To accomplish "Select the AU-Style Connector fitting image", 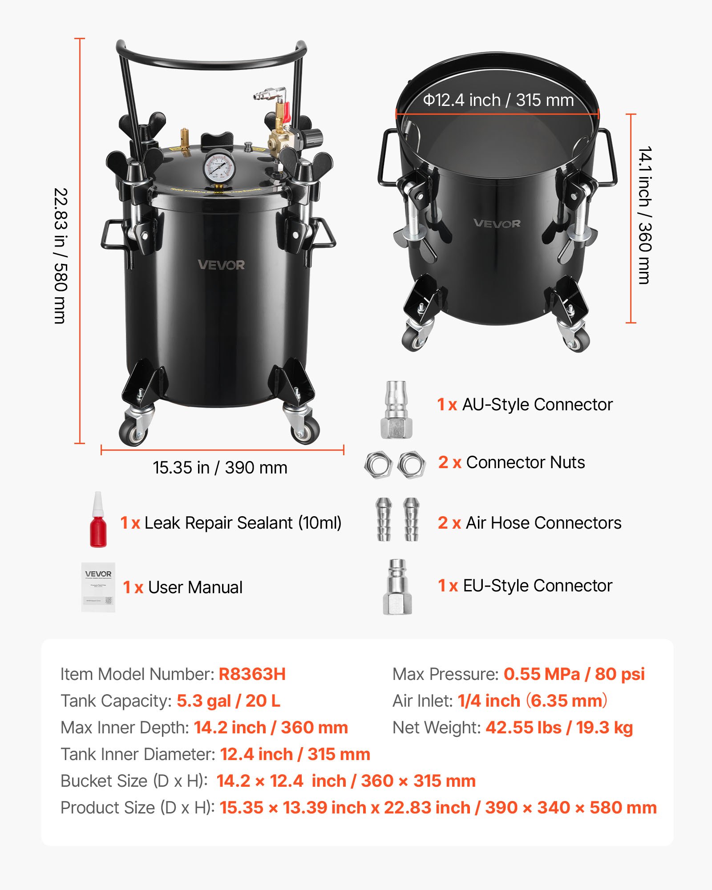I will pyautogui.click(x=396, y=410).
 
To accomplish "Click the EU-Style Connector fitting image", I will pyautogui.click(x=397, y=587).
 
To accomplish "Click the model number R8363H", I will pyautogui.click(x=252, y=674).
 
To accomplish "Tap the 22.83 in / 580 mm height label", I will pyautogui.click(x=61, y=255).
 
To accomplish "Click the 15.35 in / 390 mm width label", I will pyautogui.click(x=220, y=468).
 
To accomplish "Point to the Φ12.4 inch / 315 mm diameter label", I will pyautogui.click(x=498, y=100).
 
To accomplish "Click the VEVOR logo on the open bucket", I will pyautogui.click(x=497, y=223).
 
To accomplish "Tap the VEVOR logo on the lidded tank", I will pyautogui.click(x=221, y=265).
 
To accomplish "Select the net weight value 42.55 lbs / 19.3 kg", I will pyautogui.click(x=559, y=728).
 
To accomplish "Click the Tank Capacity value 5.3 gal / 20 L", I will pyautogui.click(x=228, y=701).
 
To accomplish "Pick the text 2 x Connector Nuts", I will pyautogui.click(x=511, y=462).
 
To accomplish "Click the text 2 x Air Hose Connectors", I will pyautogui.click(x=529, y=523).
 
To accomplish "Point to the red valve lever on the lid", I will pyautogui.click(x=287, y=112).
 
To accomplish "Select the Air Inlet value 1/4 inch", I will pyautogui.click(x=489, y=701).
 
